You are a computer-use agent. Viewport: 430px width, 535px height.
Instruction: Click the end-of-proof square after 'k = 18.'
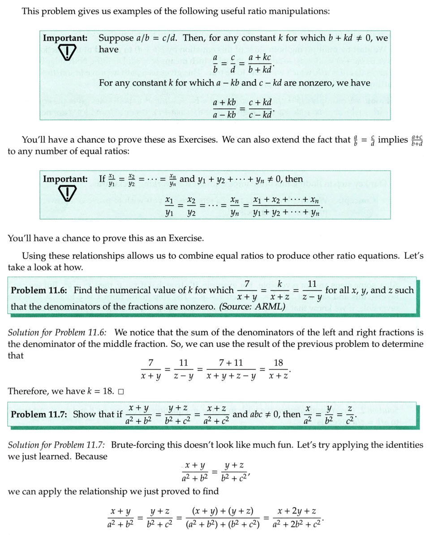[120, 391]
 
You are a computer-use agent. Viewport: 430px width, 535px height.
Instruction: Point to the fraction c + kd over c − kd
[260, 109]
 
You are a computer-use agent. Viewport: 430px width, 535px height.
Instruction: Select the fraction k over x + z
[279, 290]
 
